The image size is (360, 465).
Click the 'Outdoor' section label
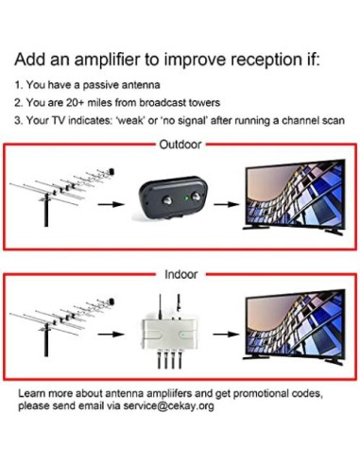coord(180,146)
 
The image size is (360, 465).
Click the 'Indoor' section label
coord(180,275)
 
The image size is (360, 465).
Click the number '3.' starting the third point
coord(18,121)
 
